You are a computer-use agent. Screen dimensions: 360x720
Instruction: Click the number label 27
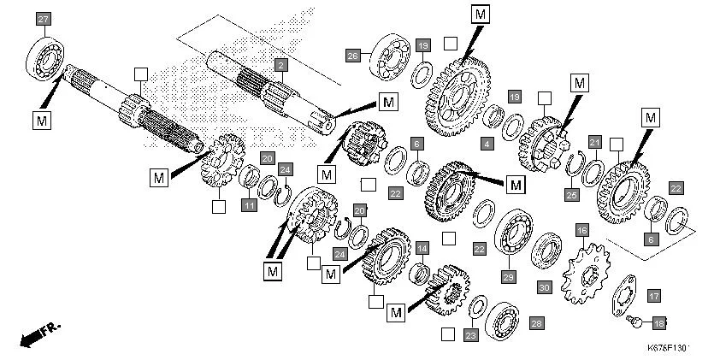(x=44, y=19)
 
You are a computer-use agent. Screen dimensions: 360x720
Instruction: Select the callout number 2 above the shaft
(x=280, y=65)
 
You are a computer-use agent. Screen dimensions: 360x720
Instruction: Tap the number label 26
(x=352, y=56)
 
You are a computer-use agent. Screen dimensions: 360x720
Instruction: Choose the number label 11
(x=248, y=205)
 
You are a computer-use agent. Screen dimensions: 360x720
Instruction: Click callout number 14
(x=422, y=248)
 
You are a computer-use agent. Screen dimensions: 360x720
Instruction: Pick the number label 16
(x=581, y=230)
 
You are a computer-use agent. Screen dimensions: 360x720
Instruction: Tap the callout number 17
(x=654, y=296)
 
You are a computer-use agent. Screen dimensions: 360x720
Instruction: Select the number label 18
(x=658, y=322)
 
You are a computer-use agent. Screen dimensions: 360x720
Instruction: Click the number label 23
(x=470, y=336)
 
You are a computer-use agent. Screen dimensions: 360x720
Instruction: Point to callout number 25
(x=572, y=195)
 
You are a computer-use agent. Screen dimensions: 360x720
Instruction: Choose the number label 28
(x=536, y=323)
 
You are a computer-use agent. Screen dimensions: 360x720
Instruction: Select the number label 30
(x=544, y=287)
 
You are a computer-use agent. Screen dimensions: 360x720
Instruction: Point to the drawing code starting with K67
(x=668, y=349)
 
